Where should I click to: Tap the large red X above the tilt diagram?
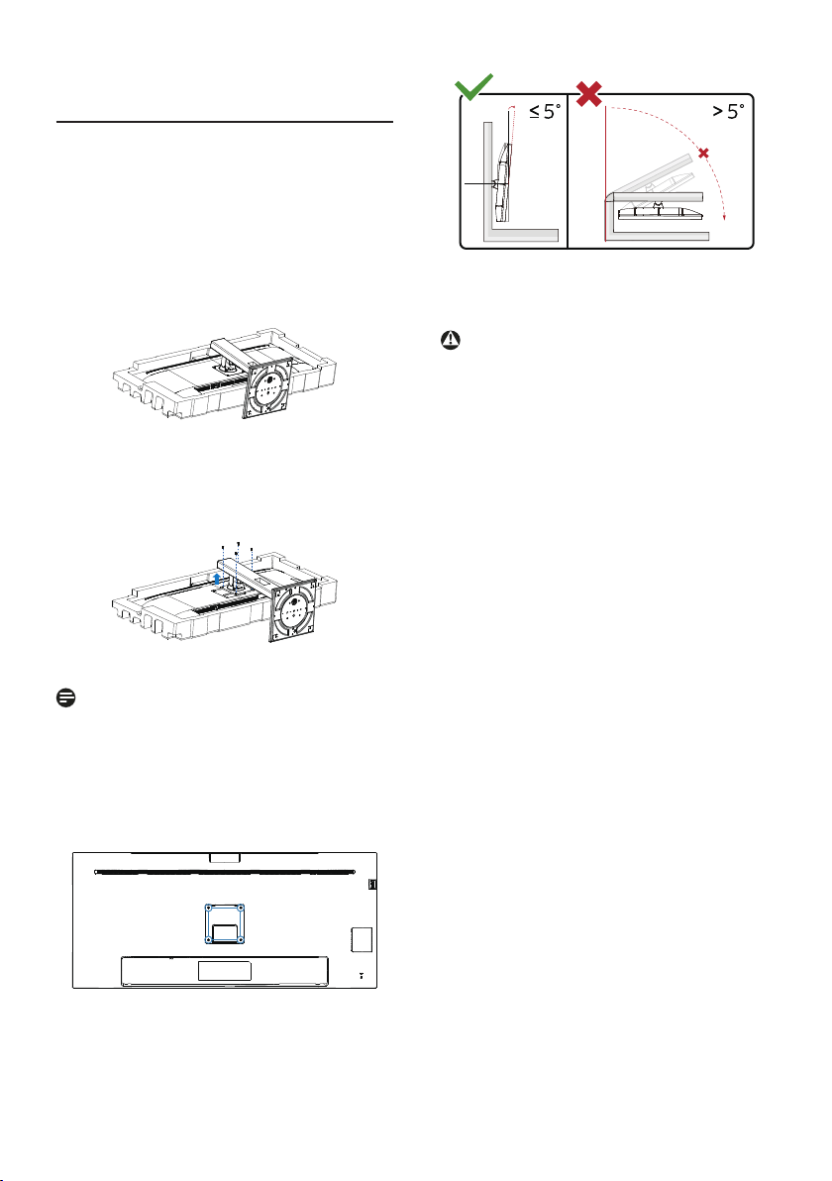coord(588,93)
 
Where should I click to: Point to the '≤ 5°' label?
coord(545,112)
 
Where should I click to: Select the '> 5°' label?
coord(729,112)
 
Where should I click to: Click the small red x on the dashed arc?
coord(703,154)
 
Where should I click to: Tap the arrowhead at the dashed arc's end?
coord(724,218)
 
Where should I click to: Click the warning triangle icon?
coord(451,340)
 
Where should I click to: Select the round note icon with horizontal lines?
coord(65,698)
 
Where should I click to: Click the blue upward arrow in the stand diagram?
coord(217,579)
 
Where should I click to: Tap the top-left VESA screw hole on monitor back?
coord(209,908)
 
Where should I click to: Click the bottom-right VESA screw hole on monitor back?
coord(241,940)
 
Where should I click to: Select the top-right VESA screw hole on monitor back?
coord(241,908)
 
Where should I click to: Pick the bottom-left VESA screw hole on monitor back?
coord(209,940)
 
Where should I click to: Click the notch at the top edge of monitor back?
coord(225,857)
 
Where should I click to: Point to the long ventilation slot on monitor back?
coord(225,873)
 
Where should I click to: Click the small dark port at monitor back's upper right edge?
coord(372,884)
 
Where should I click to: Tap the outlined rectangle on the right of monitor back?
coord(363,939)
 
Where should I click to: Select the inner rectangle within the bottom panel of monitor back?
coord(225,971)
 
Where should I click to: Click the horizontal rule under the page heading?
coord(225,121)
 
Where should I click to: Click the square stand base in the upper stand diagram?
coord(267,387)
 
